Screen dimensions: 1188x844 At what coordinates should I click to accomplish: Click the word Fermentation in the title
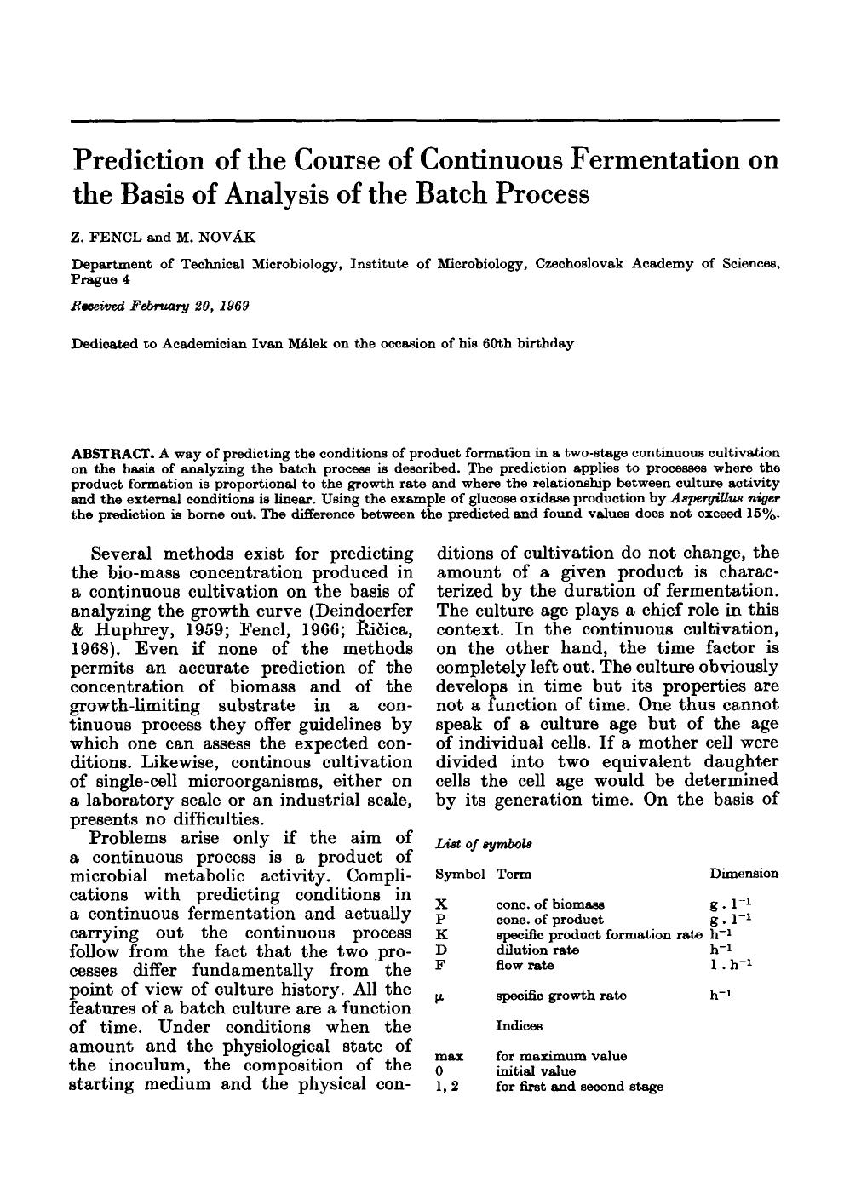tap(648, 159)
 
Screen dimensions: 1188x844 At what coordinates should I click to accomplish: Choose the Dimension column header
tap(744, 874)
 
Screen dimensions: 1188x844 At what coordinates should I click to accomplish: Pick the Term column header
tap(512, 874)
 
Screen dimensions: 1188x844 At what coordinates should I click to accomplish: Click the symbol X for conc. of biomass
tap(439, 904)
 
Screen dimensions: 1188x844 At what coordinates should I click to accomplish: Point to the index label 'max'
tap(449, 1056)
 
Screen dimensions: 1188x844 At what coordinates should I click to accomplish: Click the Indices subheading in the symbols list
tap(520, 1026)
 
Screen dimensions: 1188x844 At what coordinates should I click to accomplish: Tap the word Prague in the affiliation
tap(95, 279)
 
